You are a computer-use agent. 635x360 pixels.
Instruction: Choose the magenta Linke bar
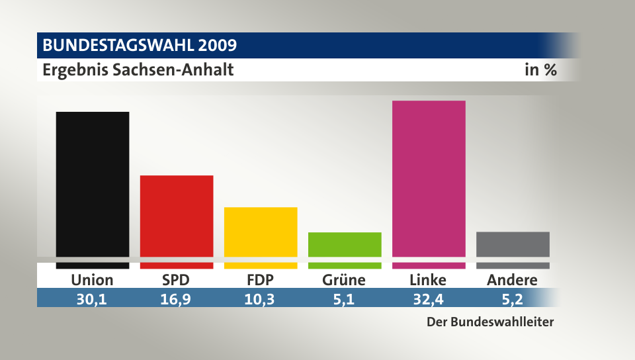(x=429, y=179)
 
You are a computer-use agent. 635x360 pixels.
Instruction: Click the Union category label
(x=93, y=280)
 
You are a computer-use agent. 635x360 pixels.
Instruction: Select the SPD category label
(x=176, y=280)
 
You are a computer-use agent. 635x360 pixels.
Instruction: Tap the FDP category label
(x=261, y=280)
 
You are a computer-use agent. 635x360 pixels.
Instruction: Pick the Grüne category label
(x=344, y=280)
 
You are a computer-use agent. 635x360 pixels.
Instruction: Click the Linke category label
(x=428, y=280)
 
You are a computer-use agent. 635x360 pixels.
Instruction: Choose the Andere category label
(x=512, y=280)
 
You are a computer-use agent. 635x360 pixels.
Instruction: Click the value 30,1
(x=92, y=299)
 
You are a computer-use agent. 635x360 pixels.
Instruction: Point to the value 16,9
(x=176, y=299)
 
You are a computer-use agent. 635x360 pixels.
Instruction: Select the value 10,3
(x=261, y=299)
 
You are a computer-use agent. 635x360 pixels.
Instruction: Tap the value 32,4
(x=428, y=299)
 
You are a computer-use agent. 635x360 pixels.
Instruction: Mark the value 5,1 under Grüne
(x=344, y=299)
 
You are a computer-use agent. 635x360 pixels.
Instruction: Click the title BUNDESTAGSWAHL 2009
(x=140, y=45)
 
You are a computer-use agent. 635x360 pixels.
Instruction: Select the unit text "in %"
(x=540, y=69)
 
